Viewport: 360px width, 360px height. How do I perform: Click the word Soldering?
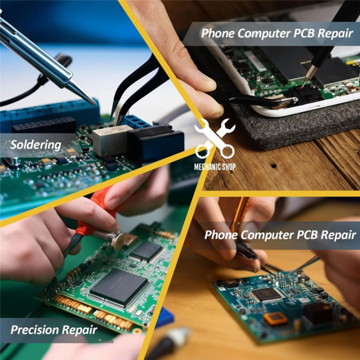pyautogui.click(x=36, y=145)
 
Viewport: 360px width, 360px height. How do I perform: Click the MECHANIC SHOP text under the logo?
pyautogui.click(x=214, y=166)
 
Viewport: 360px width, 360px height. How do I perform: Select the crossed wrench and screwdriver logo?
pyautogui.click(x=214, y=138)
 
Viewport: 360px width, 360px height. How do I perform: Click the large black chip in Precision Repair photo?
pyautogui.click(x=118, y=286)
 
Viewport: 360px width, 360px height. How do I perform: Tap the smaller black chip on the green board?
pyautogui.click(x=146, y=251)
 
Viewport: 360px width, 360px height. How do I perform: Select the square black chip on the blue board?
pyautogui.click(x=266, y=294)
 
